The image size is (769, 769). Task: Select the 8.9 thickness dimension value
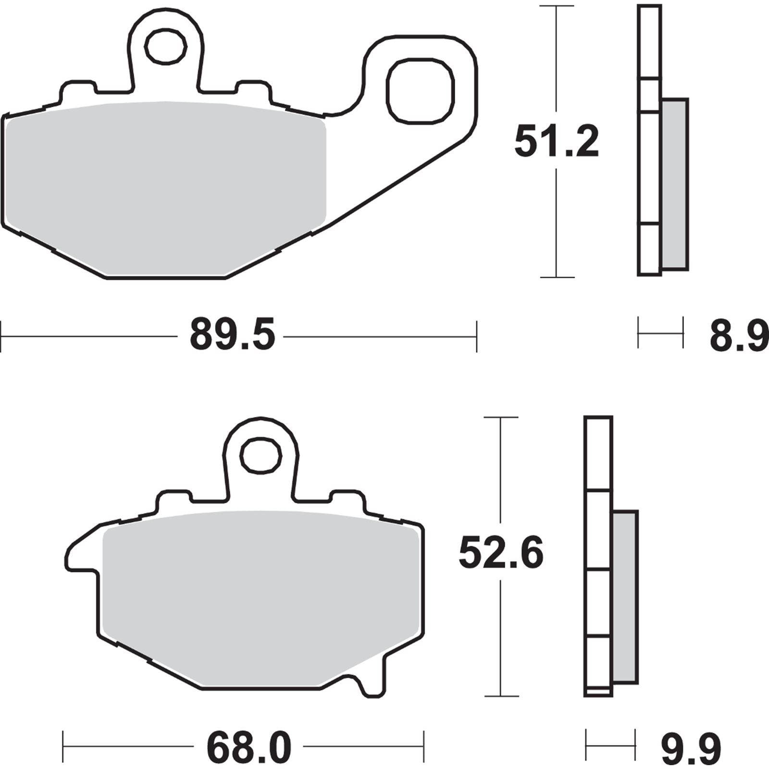[x=738, y=336]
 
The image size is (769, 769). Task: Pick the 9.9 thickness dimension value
[x=691, y=747]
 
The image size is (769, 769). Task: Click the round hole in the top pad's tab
[x=166, y=47]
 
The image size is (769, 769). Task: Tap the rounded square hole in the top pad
[x=420, y=91]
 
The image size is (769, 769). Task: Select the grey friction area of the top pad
[x=163, y=187]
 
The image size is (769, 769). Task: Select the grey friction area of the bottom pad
[x=260, y=596]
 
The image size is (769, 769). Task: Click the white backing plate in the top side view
[x=649, y=43]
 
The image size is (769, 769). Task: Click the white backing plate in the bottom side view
[x=598, y=452]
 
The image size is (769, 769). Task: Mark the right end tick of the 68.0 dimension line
[x=423, y=746]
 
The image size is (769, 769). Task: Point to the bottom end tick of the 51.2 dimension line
[x=557, y=277]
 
